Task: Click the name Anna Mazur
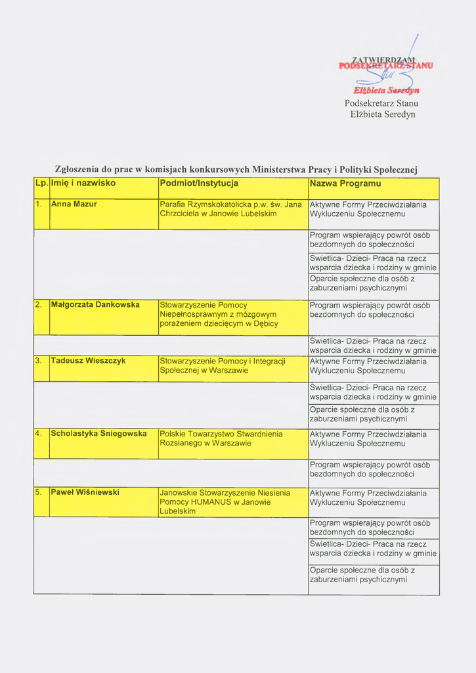pos(74,204)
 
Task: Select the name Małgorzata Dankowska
pos(95,305)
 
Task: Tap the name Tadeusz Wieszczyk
pos(88,361)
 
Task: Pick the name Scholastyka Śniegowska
pos(98,434)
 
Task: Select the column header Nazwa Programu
pos(345,183)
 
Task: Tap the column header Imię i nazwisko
pos(83,183)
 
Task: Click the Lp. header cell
pos(41,183)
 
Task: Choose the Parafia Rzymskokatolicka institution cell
pos(230,209)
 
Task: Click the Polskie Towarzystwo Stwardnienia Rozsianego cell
pos(221,438)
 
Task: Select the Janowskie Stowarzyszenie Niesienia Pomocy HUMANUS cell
pos(225,501)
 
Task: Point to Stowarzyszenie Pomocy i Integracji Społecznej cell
pos(223,365)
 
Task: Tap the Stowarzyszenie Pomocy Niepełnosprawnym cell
pos(219,314)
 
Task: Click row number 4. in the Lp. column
pos(39,434)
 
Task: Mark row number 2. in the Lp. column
pos(39,305)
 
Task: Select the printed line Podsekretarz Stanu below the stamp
pos(381,103)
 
